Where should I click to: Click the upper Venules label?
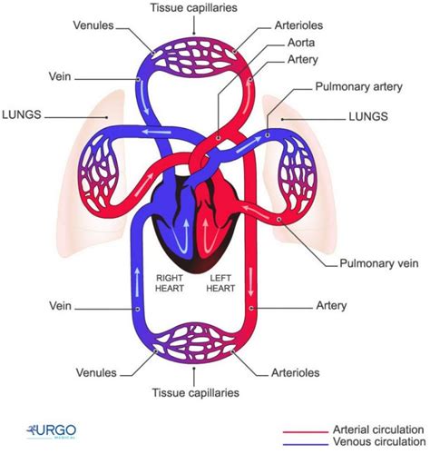(x=93, y=25)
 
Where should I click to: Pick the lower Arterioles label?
(x=298, y=371)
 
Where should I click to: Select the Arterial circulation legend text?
(x=366, y=429)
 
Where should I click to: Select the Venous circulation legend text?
(x=366, y=443)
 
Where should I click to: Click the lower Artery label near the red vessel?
(x=329, y=306)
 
